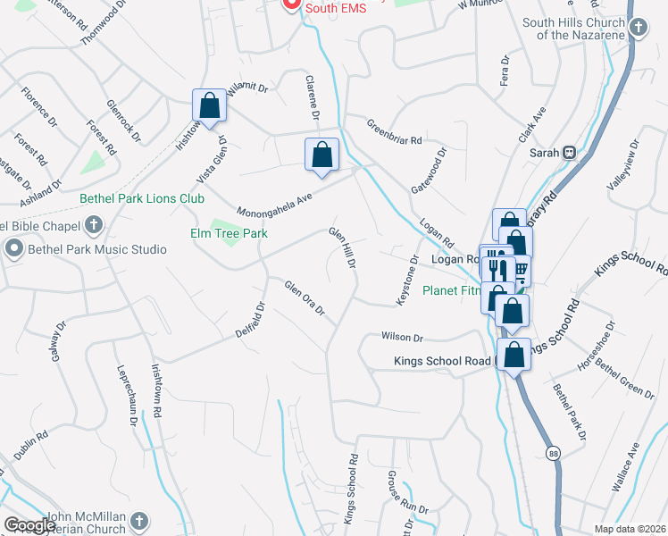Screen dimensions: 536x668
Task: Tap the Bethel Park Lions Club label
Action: pyautogui.click(x=142, y=198)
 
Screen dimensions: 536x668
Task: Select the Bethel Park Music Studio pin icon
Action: pyautogui.click(x=13, y=248)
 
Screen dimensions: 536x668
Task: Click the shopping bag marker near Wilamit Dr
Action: pyautogui.click(x=209, y=106)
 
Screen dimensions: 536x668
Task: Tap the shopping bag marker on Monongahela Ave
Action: pyautogui.click(x=322, y=155)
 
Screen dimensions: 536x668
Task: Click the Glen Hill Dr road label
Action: pyautogui.click(x=343, y=247)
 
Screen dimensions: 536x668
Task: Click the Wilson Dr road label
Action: pyautogui.click(x=401, y=337)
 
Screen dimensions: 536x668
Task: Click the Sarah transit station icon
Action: pyautogui.click(x=566, y=152)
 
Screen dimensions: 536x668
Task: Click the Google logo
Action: pyautogui.click(x=29, y=525)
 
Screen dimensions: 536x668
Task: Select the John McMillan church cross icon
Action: pyautogui.click(x=138, y=521)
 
